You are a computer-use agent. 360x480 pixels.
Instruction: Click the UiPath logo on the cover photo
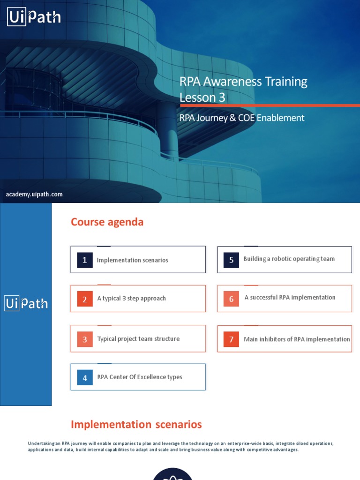tap(34, 18)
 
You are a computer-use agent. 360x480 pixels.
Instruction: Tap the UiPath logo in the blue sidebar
tap(26, 303)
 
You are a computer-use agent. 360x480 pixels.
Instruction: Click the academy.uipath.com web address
tap(34, 194)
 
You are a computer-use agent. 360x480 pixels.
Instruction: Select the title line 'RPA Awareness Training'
tap(243, 82)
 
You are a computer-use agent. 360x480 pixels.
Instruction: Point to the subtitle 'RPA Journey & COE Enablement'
tap(242, 118)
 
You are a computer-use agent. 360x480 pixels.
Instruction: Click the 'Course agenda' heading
tap(107, 222)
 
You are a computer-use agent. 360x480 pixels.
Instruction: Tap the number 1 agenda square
tap(85, 260)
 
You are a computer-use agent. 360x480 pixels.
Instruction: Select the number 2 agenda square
tap(85, 299)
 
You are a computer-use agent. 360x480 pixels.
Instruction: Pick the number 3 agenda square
tap(85, 339)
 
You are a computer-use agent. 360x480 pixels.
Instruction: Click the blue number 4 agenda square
tap(85, 378)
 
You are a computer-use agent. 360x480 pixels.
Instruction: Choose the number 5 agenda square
tap(231, 260)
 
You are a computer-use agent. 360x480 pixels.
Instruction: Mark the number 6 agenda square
tap(231, 299)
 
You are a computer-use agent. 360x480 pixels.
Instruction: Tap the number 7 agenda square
tap(231, 339)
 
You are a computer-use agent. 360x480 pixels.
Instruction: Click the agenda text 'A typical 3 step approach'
tap(131, 298)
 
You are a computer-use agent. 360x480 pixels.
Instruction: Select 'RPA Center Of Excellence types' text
tap(140, 377)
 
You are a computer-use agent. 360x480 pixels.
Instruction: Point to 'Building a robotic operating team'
tap(289, 259)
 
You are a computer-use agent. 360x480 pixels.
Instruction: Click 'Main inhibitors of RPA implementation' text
tap(297, 339)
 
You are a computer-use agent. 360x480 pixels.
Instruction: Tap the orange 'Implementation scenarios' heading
tap(136, 425)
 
